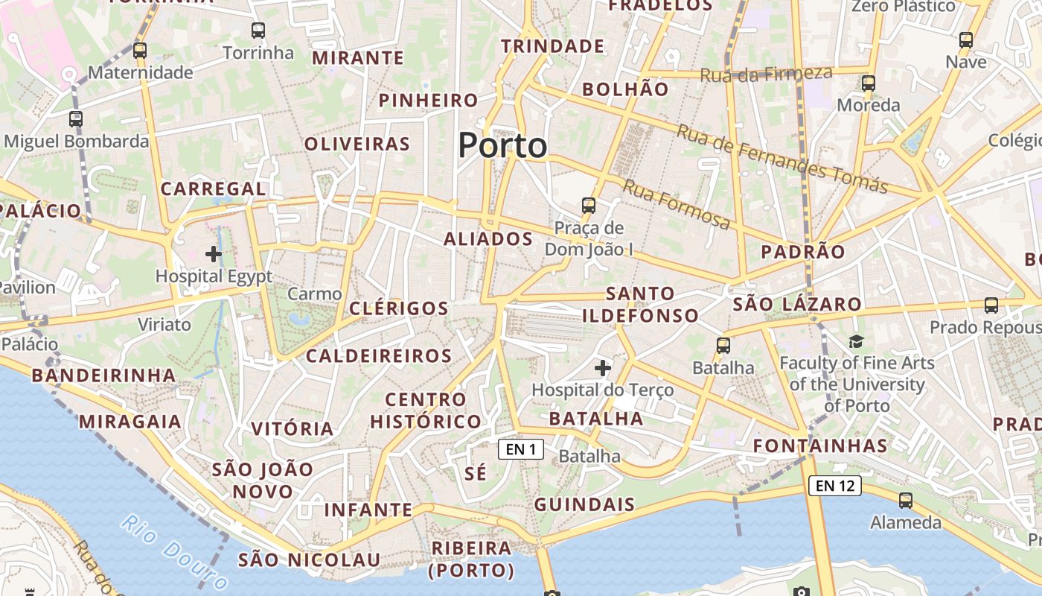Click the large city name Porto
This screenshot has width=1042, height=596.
[x=502, y=145]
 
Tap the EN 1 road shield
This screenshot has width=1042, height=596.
[x=521, y=449]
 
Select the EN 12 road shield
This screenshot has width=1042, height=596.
[x=835, y=486]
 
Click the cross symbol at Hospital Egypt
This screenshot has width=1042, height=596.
[x=214, y=254]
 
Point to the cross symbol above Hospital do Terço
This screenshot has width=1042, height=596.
[x=603, y=367]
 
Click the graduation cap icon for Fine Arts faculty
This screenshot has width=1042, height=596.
[x=856, y=341]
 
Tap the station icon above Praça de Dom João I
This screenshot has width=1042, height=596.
[x=589, y=205]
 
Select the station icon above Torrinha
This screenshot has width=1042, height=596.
[x=258, y=31]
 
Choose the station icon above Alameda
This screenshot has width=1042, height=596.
[x=906, y=500]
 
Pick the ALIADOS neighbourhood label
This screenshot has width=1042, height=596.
[x=488, y=239]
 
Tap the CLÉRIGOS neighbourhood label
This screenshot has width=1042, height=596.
[x=399, y=308]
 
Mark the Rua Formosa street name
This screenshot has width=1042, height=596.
[x=676, y=204]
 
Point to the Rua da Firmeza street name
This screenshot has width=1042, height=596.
[x=766, y=74]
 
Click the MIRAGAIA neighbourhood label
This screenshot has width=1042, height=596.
[x=130, y=422]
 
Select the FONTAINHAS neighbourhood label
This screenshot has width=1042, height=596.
[x=820, y=446]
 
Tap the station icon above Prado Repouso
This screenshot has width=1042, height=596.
[x=991, y=305]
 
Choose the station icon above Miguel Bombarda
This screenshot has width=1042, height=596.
[x=76, y=118]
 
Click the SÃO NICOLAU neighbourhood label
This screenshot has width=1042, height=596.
[x=309, y=560]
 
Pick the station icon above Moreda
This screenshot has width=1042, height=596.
[x=868, y=83]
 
